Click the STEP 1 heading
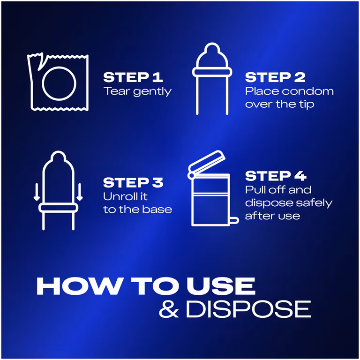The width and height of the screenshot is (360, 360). [x=133, y=77]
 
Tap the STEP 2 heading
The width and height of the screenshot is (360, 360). [x=275, y=77]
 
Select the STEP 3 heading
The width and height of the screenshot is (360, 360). [x=133, y=183]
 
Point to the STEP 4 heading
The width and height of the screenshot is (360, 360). [x=276, y=176]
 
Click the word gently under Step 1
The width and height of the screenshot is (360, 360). [x=152, y=92]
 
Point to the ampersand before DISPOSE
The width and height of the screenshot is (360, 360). [x=169, y=309]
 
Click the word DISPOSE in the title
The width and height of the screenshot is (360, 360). [x=248, y=309]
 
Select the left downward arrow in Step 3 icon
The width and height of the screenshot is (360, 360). [x=37, y=192]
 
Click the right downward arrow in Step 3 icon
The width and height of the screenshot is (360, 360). [x=79, y=192]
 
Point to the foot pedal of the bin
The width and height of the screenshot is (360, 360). [x=234, y=220]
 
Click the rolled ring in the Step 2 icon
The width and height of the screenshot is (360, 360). [x=212, y=72]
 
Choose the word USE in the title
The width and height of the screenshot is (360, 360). [x=221, y=286]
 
